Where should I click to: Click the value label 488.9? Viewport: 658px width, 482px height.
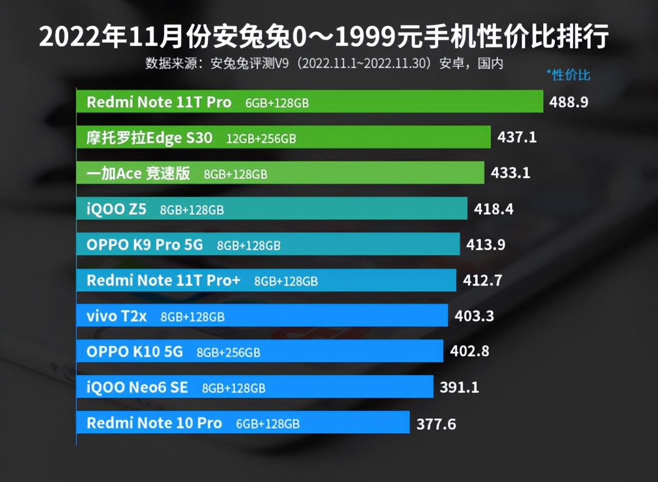(x=568, y=102)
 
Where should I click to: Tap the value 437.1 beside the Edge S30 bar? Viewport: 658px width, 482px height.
(x=517, y=137)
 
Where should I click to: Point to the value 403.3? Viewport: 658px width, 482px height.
(x=474, y=316)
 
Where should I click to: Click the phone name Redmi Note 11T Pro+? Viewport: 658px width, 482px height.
(x=163, y=281)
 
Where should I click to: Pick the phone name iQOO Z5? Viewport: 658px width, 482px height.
(x=117, y=209)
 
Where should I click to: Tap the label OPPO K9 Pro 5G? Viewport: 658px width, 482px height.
(x=145, y=245)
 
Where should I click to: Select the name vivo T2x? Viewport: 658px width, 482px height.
(x=117, y=317)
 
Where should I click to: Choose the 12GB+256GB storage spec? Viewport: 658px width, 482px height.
(x=261, y=139)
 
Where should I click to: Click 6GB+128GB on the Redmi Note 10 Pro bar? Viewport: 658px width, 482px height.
(x=267, y=424)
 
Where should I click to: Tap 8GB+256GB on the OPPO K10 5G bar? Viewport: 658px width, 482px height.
(x=228, y=353)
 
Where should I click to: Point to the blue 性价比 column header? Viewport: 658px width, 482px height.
(x=569, y=76)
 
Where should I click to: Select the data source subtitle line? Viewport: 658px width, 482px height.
(x=324, y=64)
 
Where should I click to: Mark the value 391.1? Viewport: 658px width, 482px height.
(x=459, y=387)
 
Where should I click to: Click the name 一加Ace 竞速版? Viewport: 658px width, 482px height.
(x=138, y=174)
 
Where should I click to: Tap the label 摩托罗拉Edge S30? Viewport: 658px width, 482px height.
(x=149, y=138)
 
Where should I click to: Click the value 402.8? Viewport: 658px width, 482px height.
(x=469, y=351)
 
